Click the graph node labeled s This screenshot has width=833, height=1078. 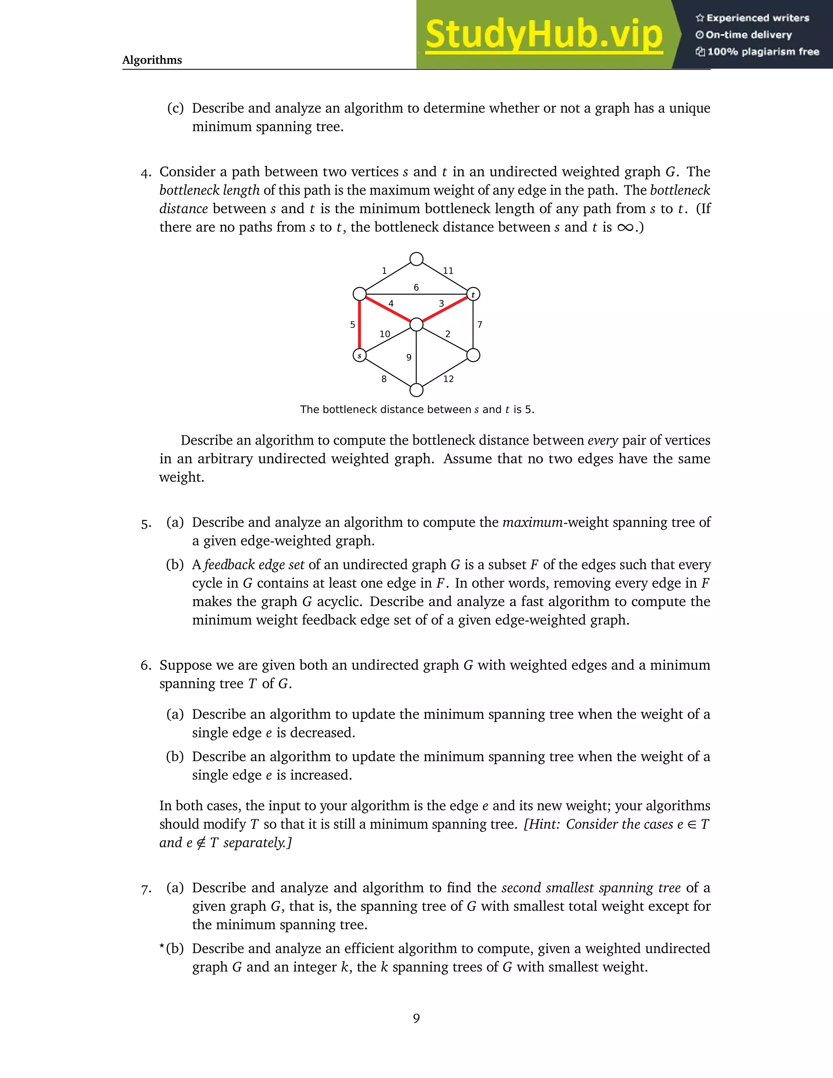pos(360,356)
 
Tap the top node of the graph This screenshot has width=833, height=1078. pos(416,259)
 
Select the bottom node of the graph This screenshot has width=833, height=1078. pos(416,391)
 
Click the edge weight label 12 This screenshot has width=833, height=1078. pos(448,379)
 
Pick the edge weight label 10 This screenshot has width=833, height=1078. pos(385,334)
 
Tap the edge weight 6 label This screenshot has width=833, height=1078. pos(416,287)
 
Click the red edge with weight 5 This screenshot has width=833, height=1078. pos(360,325)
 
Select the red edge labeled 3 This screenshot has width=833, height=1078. pos(445,310)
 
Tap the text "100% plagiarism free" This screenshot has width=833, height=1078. pos(763,52)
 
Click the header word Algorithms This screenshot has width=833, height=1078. pos(152,60)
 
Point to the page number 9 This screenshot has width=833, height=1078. pos(416,1018)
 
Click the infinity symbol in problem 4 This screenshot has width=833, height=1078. pos(625,227)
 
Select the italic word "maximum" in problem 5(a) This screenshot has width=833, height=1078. pos(532,522)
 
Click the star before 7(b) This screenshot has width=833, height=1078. pos(162,947)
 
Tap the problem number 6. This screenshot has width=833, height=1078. pos(146,666)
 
